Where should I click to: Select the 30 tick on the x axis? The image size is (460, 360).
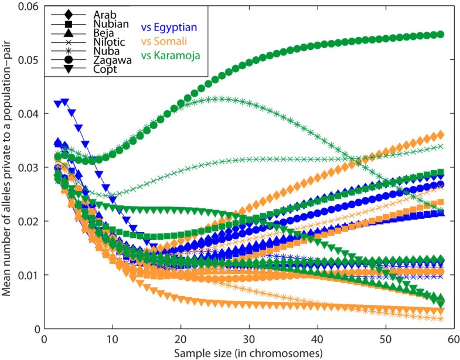(x=249, y=340)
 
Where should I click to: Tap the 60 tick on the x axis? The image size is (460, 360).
(x=454, y=340)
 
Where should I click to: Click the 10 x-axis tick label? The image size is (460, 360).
(x=113, y=340)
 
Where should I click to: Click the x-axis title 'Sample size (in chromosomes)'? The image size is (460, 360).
(x=249, y=353)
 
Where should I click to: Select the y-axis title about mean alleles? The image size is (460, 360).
(x=7, y=167)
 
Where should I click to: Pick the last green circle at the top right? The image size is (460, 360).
(x=440, y=35)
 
